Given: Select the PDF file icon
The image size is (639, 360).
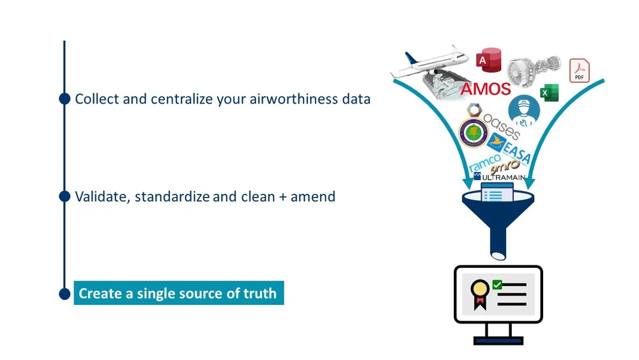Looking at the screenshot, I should (x=580, y=70).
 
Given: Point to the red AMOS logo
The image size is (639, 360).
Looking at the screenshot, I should (x=486, y=89).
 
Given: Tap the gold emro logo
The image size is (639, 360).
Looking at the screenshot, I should (x=505, y=166).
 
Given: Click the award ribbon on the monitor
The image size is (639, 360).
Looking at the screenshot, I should (x=479, y=292).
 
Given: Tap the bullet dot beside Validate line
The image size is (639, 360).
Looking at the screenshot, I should (x=64, y=196).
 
